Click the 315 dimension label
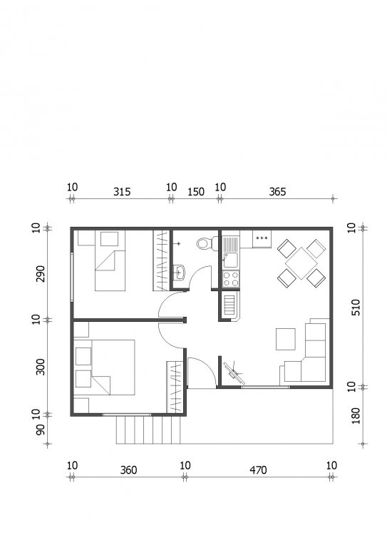pyautogui.click(x=122, y=191)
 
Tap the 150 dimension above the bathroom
pyautogui.click(x=196, y=191)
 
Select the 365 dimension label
pyautogui.click(x=277, y=191)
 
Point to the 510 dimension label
pyautogui.click(x=356, y=308)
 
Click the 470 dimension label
pyautogui.click(x=258, y=470)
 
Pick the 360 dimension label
pyautogui.click(x=128, y=470)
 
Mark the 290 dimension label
pyautogui.click(x=41, y=274)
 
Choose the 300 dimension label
pyautogui.click(x=41, y=367)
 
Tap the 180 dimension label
pyautogui.click(x=356, y=415)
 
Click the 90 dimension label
pyautogui.click(x=41, y=430)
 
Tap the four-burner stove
pyautogui.click(x=231, y=279)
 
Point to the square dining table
pyautogui.click(x=301, y=263)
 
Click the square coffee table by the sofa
pyautogui.click(x=286, y=339)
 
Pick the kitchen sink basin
pyautogui.click(x=230, y=260)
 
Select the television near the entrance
pyautogui.click(x=234, y=373)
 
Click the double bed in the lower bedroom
pyautogui.click(x=113, y=367)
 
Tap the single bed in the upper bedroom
pyautogui.click(x=110, y=260)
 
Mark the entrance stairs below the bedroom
pyautogui.click(x=148, y=430)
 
